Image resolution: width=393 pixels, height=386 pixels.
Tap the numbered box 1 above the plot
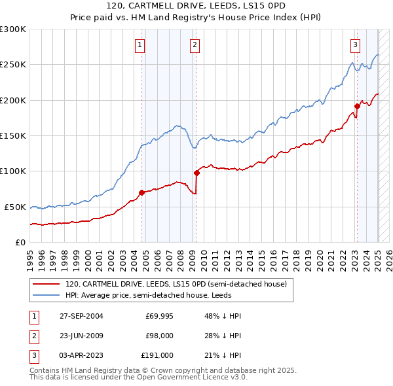tap(141, 45)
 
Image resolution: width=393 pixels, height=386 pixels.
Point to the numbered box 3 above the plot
tap(355, 45)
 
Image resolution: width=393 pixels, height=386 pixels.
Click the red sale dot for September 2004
tap(142, 192)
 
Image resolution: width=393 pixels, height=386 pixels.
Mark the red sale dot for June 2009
tap(196, 173)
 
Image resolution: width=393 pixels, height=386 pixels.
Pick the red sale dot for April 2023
tap(358, 106)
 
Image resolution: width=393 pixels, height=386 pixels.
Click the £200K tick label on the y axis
tap(13, 100)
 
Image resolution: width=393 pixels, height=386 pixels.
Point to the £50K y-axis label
tap(16, 207)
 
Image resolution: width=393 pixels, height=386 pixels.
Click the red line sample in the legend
tap(47, 285)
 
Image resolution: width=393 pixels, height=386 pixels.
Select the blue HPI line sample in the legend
tap(47, 295)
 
